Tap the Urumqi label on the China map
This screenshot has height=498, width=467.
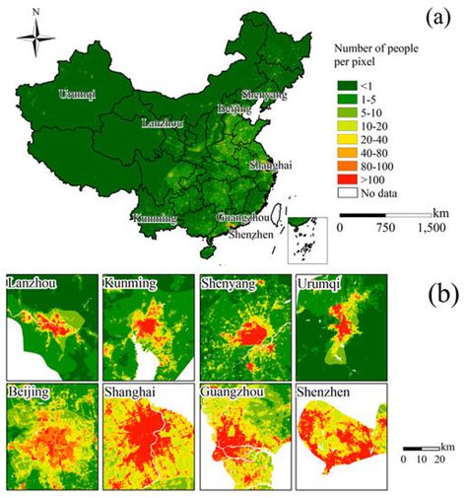point(78,95)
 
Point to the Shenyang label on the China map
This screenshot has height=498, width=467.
point(263,95)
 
